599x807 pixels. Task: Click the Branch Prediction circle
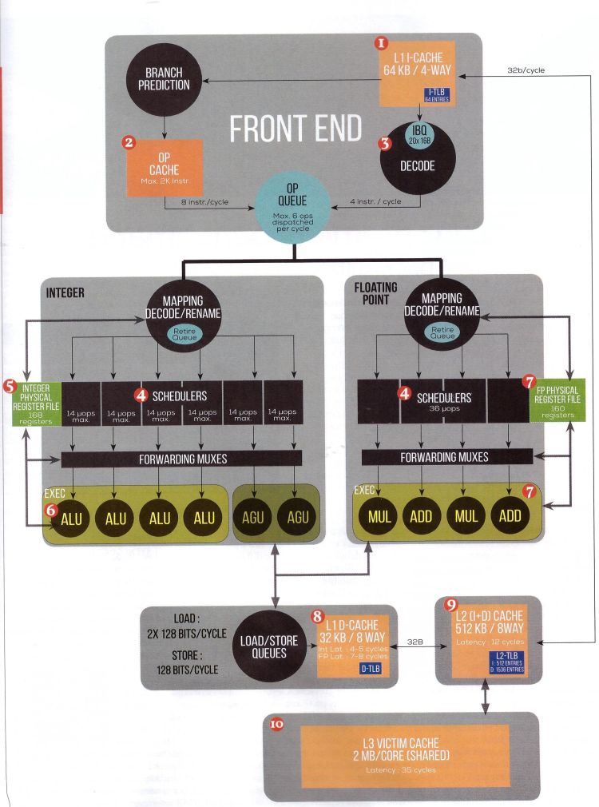tap(167, 79)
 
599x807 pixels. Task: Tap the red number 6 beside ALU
tap(52, 508)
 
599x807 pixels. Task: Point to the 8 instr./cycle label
tap(205, 202)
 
